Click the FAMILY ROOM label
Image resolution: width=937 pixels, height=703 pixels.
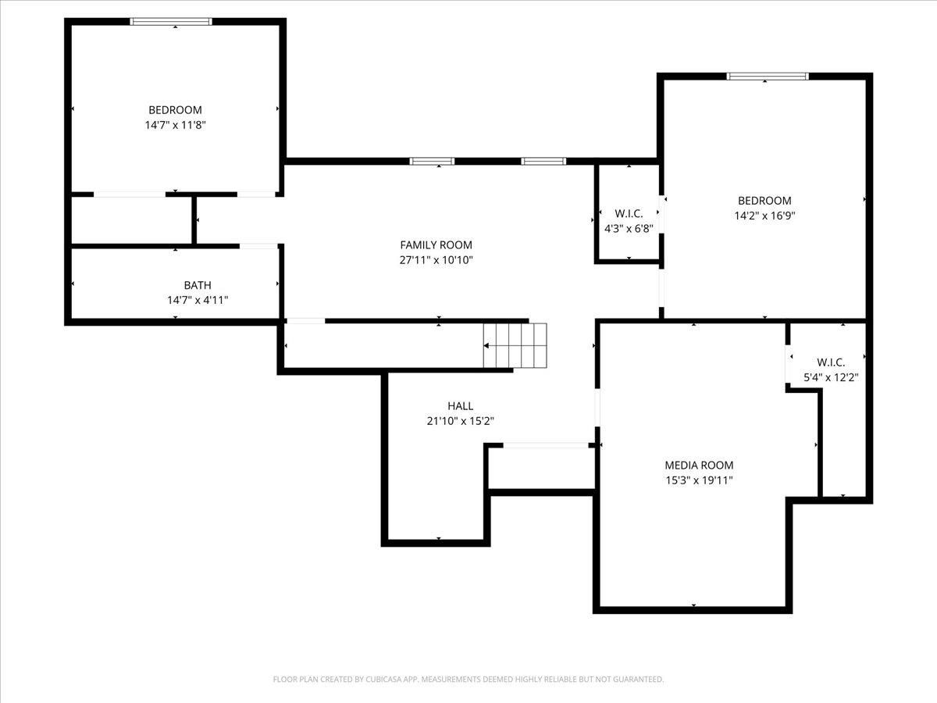(x=436, y=245)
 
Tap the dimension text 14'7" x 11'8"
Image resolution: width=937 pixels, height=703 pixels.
(x=175, y=124)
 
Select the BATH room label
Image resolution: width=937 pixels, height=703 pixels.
(x=198, y=285)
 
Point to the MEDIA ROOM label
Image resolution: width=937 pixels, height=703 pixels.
(x=699, y=466)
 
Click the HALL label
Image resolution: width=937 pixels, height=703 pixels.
(x=460, y=406)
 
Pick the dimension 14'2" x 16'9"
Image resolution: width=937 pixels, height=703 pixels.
(x=764, y=215)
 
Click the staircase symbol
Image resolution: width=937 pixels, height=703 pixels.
(x=515, y=345)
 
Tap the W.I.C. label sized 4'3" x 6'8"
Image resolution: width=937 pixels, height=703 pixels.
(x=629, y=214)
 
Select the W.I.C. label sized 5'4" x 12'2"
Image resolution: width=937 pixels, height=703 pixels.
(x=831, y=362)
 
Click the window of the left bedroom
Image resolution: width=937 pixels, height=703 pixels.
(x=171, y=22)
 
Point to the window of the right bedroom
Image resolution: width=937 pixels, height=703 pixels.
(x=767, y=77)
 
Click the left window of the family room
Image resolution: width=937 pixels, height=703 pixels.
(x=432, y=162)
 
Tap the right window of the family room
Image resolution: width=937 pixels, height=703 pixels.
(x=543, y=162)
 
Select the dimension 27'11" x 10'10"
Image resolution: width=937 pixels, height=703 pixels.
(x=436, y=260)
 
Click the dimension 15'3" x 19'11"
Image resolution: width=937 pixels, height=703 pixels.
(x=699, y=480)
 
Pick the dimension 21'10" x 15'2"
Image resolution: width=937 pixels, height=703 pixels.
(x=460, y=421)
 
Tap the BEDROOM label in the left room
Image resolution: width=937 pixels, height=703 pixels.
(x=175, y=110)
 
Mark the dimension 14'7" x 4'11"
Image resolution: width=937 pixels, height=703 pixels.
(x=198, y=300)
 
